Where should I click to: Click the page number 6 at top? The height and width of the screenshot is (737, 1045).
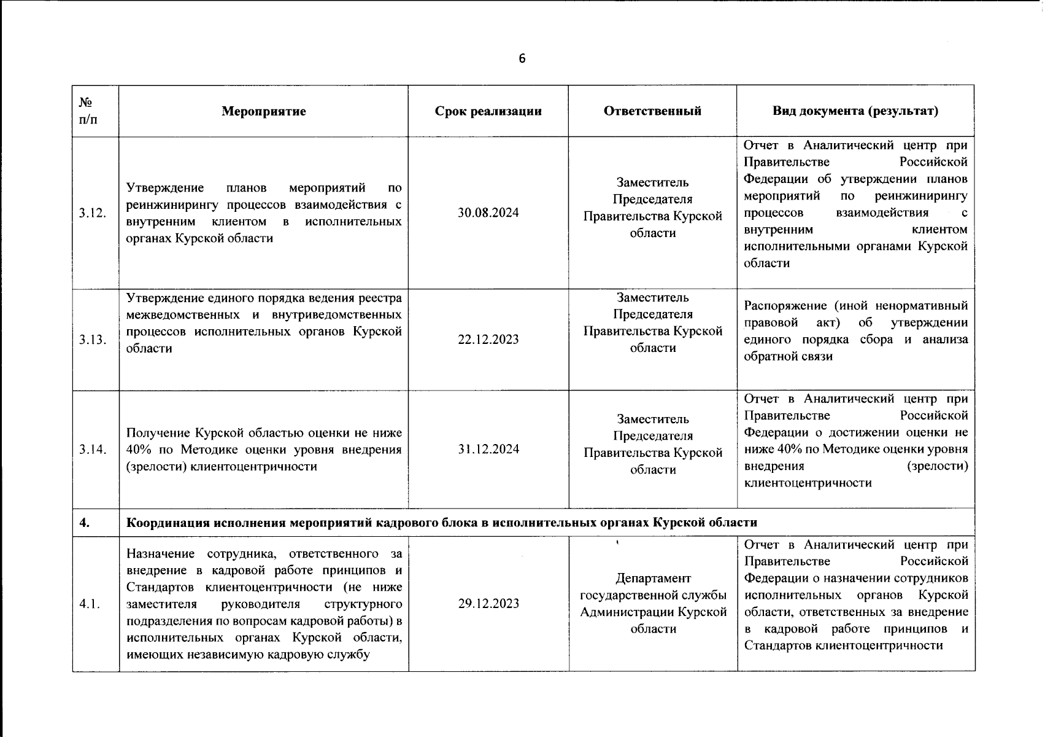522,59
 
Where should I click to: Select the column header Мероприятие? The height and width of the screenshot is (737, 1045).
264,111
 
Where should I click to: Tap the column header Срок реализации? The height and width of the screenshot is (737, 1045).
488,111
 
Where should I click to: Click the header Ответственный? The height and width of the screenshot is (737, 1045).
652,111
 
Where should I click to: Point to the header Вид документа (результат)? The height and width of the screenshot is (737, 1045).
855,111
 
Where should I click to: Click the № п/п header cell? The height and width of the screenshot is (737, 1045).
88,111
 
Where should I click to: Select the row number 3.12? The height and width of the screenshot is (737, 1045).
93,213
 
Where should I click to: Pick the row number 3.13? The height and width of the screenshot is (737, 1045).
93,340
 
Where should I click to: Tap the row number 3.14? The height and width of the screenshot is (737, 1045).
93,449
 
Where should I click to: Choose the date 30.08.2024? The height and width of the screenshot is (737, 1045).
488,213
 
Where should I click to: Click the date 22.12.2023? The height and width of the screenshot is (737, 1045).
488,340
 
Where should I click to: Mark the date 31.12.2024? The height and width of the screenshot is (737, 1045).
488,449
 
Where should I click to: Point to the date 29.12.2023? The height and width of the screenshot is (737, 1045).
488,604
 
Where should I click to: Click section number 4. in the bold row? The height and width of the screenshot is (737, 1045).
85,523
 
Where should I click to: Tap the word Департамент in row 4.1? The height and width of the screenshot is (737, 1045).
653,579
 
